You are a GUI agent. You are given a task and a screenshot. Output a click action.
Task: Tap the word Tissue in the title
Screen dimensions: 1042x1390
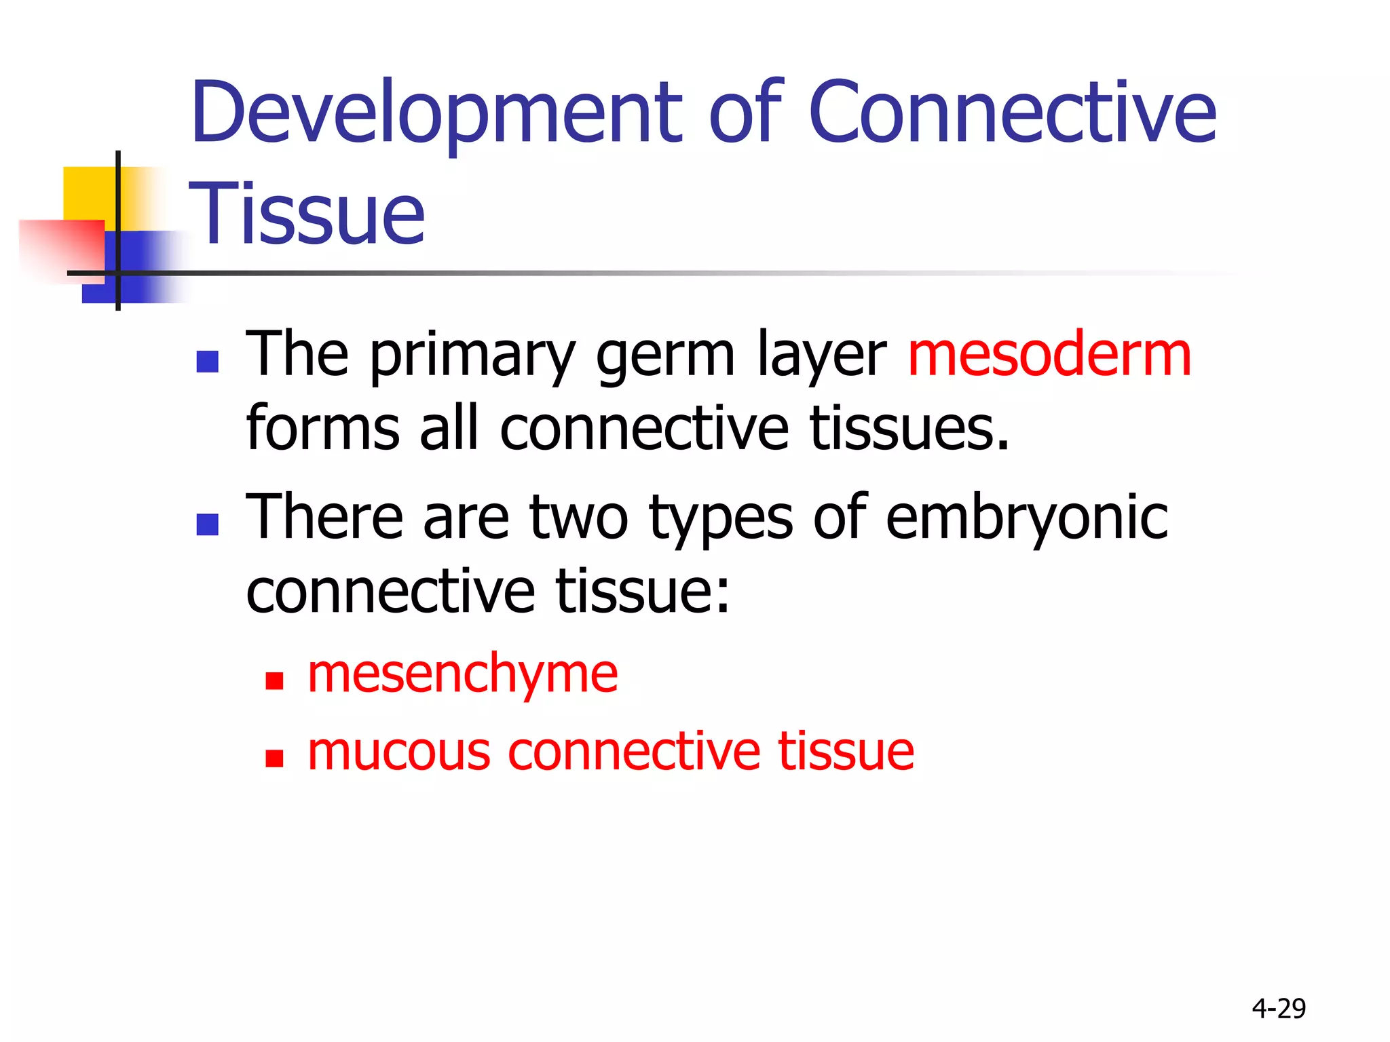coord(307,214)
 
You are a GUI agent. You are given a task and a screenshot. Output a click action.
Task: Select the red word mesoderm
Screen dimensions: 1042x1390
coord(1049,355)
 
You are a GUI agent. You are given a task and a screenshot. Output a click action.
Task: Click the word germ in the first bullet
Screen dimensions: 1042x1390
coord(665,357)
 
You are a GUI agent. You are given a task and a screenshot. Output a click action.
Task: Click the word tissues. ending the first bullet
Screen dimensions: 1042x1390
coord(909,429)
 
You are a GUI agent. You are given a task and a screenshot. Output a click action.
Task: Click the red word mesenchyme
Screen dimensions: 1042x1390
coord(462,674)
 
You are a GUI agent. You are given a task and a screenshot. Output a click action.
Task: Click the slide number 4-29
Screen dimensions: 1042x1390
coord(1279,1009)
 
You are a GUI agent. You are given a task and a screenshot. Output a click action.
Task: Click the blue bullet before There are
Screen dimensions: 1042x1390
coord(207,524)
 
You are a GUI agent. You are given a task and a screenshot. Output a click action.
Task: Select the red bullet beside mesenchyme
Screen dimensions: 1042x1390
coord(274,680)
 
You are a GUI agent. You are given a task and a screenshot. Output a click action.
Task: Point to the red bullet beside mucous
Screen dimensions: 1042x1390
coord(274,758)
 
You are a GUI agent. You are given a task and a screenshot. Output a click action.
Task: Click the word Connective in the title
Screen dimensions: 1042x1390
coord(1012,114)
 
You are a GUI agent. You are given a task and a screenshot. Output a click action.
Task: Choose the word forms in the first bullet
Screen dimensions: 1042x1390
coord(322,429)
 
